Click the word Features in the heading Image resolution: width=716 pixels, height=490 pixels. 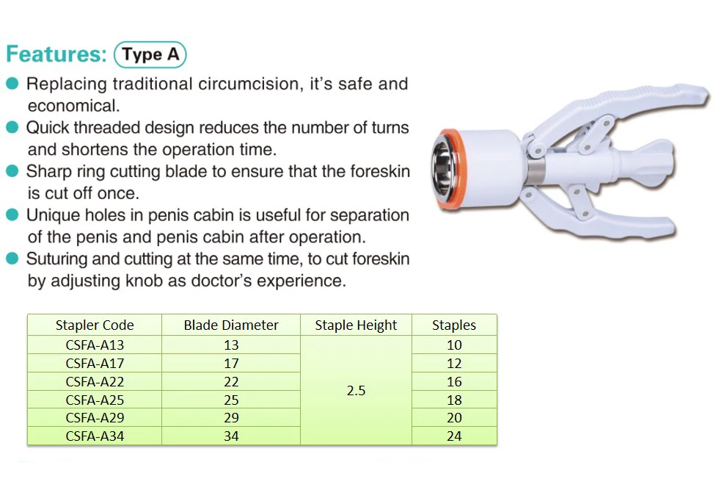56,55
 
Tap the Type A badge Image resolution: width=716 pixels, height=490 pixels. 150,55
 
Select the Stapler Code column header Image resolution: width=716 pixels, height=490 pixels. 95,325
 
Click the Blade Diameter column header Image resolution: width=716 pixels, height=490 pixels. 231,325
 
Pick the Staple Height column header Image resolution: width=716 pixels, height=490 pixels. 356,325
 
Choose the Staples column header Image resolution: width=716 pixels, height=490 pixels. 454,325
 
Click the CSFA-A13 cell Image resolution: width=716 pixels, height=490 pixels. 95,345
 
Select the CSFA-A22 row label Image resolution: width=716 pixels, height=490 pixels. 95,381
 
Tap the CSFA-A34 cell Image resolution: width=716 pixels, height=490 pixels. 95,436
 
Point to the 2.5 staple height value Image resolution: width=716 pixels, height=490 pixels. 356,391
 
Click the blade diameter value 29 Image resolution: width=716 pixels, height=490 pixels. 231,418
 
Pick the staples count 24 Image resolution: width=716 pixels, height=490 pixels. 454,436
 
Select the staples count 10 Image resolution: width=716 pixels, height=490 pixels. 454,345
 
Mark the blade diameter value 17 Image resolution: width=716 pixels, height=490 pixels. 231,363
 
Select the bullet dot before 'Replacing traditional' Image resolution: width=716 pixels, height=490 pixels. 12,84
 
